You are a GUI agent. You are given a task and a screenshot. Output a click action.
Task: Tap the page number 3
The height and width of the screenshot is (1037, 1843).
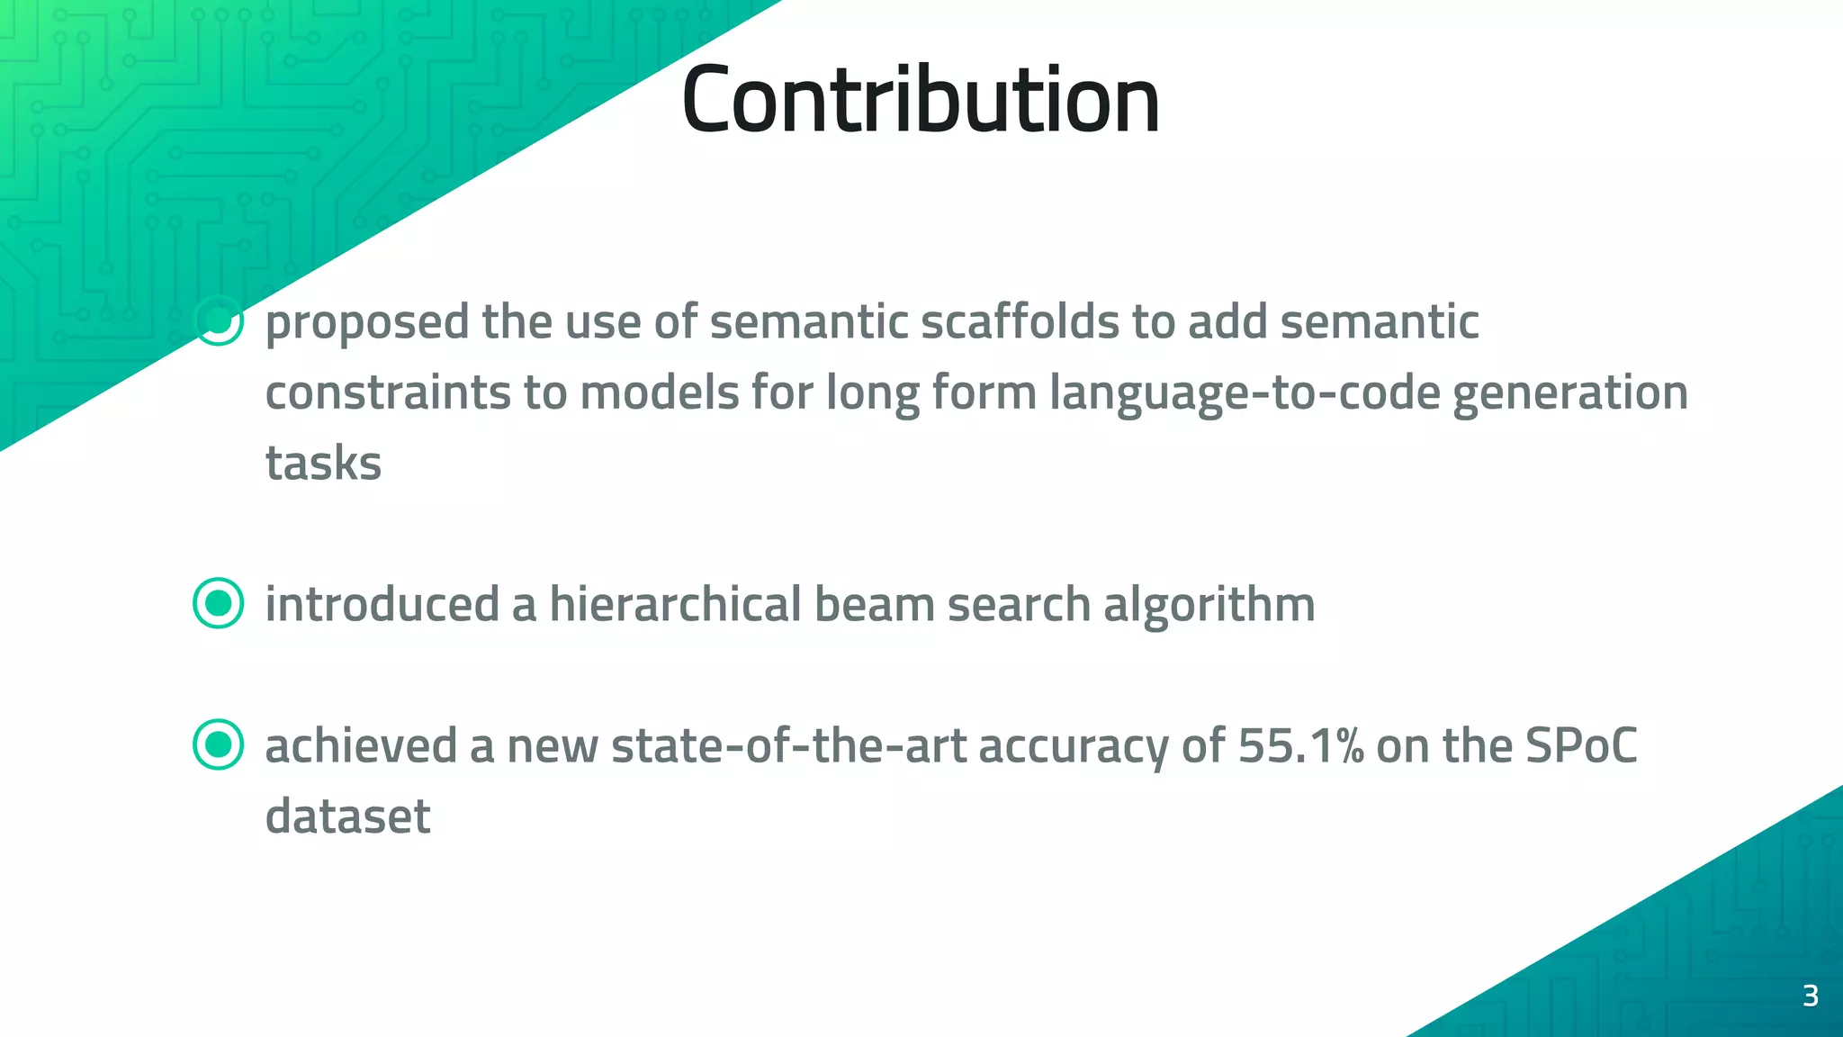[1811, 996]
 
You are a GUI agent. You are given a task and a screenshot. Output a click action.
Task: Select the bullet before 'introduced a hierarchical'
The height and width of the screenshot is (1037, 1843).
[219, 603]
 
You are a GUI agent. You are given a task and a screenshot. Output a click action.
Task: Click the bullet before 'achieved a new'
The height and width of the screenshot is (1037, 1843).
[219, 744]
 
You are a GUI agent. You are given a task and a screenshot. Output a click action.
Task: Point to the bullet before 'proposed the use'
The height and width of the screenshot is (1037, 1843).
[219, 321]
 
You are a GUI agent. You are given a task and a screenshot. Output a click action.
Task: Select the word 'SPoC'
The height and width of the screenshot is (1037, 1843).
[1581, 745]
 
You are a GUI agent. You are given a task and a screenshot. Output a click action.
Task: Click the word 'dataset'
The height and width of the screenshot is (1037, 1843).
[347, 816]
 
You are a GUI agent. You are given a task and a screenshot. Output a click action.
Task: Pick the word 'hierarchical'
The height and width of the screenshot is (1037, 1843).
[675, 603]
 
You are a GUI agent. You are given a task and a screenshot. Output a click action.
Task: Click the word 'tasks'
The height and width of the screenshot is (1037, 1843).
[323, 464]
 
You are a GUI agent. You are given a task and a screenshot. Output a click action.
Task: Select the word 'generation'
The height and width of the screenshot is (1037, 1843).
[1570, 393]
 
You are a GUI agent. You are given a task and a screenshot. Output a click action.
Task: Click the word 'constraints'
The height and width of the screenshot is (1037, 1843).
[388, 393]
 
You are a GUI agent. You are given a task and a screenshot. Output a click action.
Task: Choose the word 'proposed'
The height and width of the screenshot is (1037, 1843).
[367, 323]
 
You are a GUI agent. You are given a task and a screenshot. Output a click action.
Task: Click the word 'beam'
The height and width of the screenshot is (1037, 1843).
[874, 603]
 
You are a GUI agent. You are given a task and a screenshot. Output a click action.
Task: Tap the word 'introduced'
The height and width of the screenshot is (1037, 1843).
[382, 603]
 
